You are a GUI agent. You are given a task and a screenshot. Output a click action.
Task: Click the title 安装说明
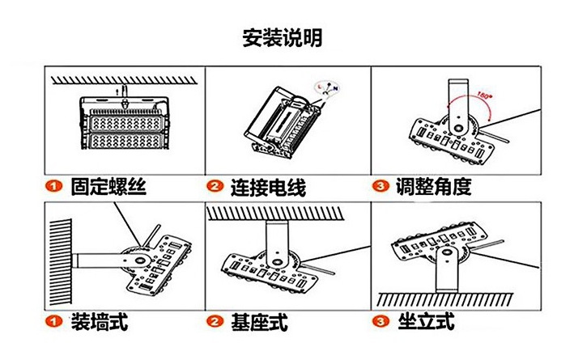[287, 37]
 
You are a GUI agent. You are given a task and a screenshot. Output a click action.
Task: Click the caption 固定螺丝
[108, 188]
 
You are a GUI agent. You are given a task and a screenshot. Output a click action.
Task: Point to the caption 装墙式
[100, 322]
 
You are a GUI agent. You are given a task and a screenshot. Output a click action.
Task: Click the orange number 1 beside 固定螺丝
[53, 188]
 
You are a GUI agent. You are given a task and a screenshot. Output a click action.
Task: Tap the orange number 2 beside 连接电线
[215, 188]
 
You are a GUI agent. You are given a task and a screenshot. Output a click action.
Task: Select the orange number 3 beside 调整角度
[381, 188]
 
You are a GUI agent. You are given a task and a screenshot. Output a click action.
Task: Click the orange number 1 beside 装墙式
[53, 322]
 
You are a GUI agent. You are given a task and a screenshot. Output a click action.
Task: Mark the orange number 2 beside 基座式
[215, 322]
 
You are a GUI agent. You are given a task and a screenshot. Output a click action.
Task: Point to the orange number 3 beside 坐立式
[381, 322]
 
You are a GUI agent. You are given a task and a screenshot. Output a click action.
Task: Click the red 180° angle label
[483, 95]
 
